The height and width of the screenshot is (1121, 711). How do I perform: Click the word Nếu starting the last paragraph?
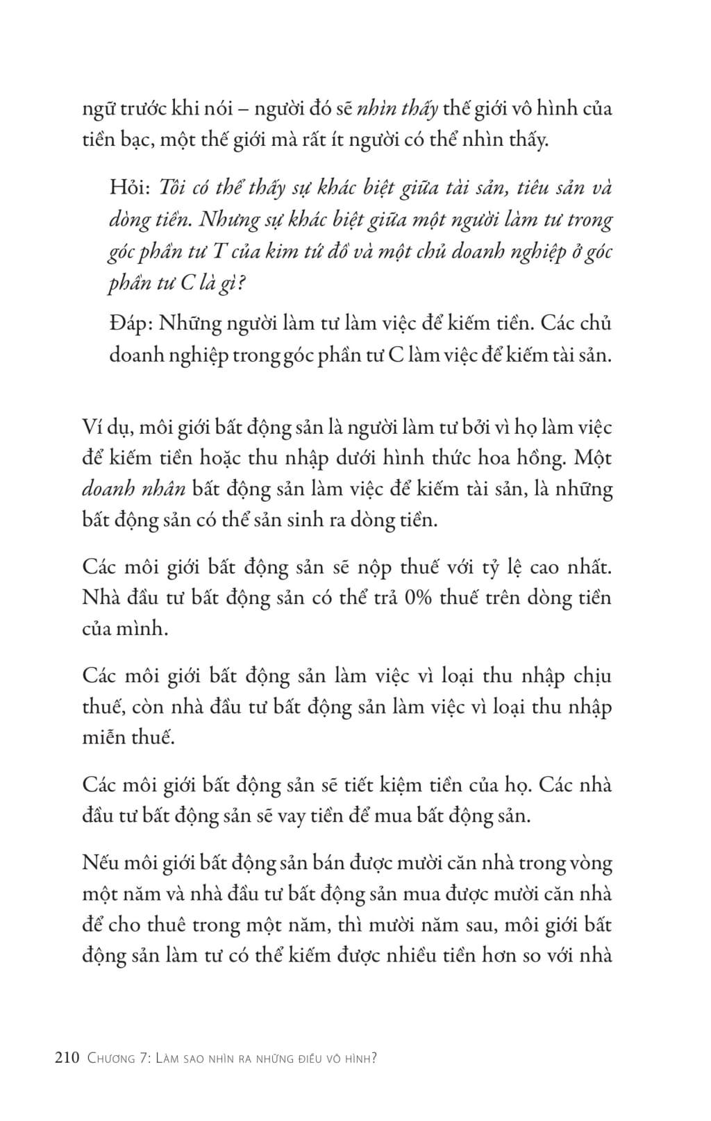pos(98,863)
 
